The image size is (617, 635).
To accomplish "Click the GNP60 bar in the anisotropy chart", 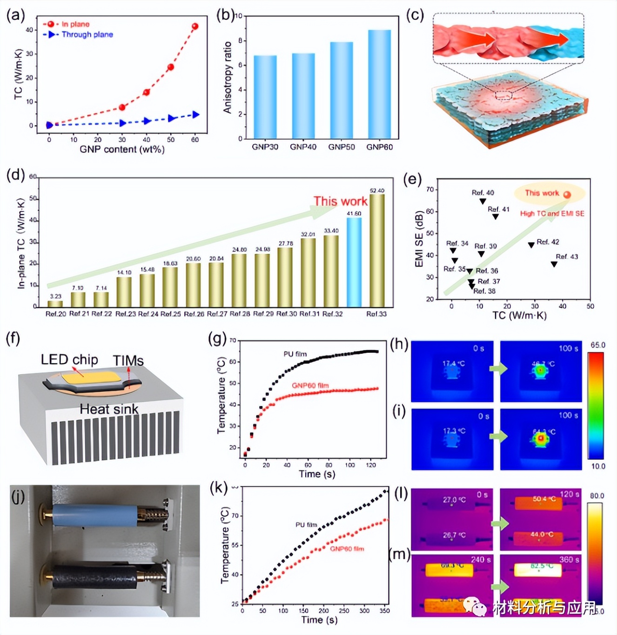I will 380,84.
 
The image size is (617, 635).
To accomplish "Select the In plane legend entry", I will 75,24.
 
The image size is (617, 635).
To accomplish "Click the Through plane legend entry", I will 87,34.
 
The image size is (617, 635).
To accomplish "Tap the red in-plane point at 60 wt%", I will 195,26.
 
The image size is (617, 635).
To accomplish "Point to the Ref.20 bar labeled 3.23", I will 55,304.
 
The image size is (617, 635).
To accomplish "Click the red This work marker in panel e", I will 567,195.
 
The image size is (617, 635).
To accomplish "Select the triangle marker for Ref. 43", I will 554,264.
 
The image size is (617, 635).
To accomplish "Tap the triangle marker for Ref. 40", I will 483,201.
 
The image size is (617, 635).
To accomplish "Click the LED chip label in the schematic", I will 69,359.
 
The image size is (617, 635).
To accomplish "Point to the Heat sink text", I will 109,409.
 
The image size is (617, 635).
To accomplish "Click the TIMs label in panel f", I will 128,361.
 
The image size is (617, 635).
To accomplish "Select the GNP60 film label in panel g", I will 310,385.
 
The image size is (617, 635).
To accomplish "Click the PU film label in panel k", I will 306,524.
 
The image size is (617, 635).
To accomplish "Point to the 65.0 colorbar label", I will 598,345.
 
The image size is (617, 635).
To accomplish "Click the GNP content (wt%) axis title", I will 122,149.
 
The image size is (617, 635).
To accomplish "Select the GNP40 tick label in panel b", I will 303,147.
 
